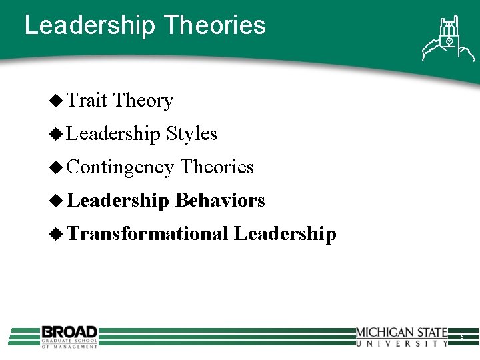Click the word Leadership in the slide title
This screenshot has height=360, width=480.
pyautogui.click(x=89, y=25)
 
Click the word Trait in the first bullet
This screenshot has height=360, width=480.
pyautogui.click(x=87, y=101)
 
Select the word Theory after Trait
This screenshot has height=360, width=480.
pyautogui.click(x=143, y=101)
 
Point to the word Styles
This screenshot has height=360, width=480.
pyautogui.click(x=191, y=134)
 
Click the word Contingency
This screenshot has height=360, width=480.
pyautogui.click(x=121, y=167)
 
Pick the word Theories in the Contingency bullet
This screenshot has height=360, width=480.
pyautogui.click(x=217, y=167)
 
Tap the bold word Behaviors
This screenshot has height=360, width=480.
pyautogui.click(x=220, y=201)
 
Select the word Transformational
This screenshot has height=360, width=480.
pyautogui.click(x=148, y=234)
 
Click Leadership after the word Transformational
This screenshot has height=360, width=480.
pyautogui.click(x=285, y=234)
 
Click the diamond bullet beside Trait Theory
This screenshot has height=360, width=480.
pyautogui.click(x=57, y=101)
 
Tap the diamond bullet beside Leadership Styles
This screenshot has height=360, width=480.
pyautogui.click(x=57, y=134)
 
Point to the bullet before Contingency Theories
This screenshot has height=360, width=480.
pyautogui.click(x=57, y=167)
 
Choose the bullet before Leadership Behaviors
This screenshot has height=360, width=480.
pyautogui.click(x=57, y=201)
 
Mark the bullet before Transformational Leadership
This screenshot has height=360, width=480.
pyautogui.click(x=57, y=234)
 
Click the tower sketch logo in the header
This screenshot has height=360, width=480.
pyautogui.click(x=443, y=38)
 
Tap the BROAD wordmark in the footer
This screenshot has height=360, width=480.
pyautogui.click(x=69, y=331)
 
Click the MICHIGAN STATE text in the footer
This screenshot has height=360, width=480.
pyautogui.click(x=401, y=333)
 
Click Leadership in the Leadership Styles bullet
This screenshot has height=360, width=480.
pyautogui.click(x=114, y=134)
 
